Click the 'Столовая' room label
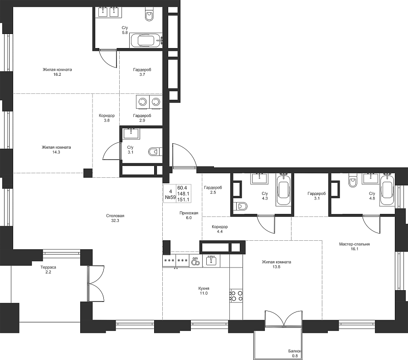tap(115, 216)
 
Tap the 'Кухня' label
tap(204, 288)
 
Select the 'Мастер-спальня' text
tap(354, 244)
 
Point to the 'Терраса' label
tap(48, 268)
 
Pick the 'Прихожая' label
tap(189, 213)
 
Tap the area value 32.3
tap(115, 220)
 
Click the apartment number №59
tap(170, 197)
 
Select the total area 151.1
tap(183, 199)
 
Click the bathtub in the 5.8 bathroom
tap(146, 40)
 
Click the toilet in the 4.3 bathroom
tap(242, 207)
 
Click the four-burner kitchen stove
tap(236, 296)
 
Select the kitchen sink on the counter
tap(211, 260)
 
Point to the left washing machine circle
tap(142, 102)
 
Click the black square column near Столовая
tap(88, 173)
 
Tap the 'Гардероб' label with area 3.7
tap(142, 70)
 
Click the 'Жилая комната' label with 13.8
tap(277, 262)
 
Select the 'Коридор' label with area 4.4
tap(219, 227)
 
